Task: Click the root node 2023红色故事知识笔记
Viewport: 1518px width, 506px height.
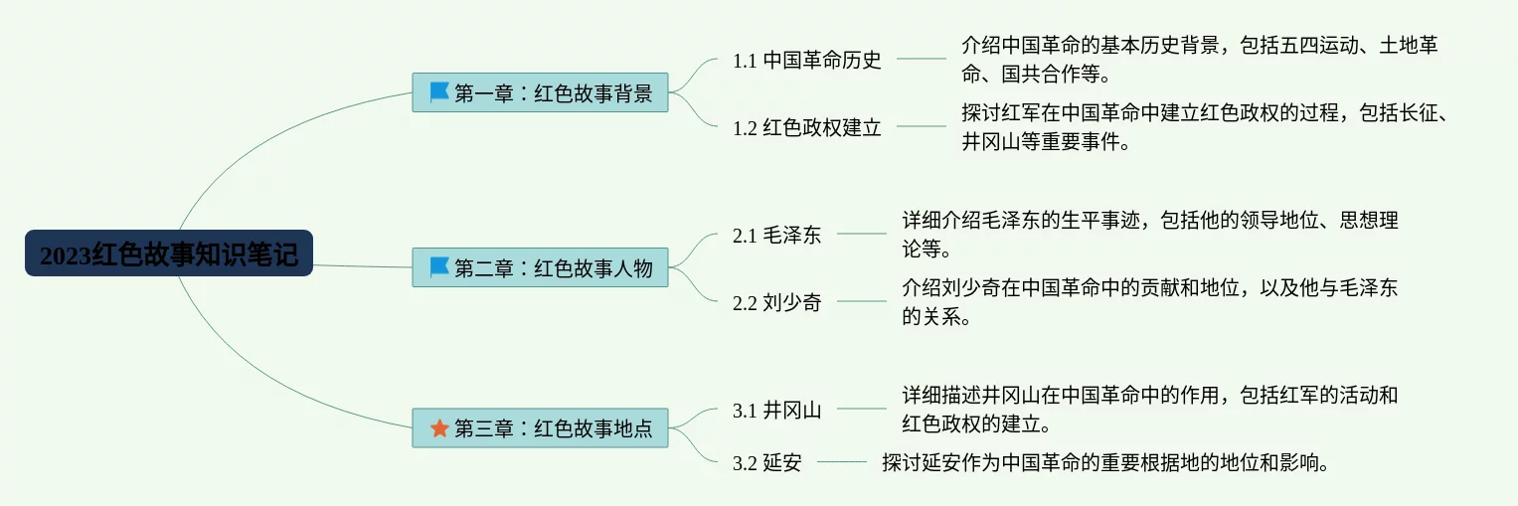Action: tap(168, 254)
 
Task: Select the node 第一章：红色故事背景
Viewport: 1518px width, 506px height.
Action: tap(540, 92)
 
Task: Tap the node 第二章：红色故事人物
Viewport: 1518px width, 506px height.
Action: tap(540, 267)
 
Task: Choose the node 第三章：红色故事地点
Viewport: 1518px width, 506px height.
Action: tap(540, 428)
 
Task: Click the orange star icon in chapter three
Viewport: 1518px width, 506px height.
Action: tap(439, 428)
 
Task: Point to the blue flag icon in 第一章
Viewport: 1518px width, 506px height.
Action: tap(439, 92)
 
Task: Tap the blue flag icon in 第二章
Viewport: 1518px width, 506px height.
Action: tap(439, 267)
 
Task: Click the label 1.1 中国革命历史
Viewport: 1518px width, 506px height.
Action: tap(807, 60)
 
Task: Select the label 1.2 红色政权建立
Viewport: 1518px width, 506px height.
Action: tap(807, 127)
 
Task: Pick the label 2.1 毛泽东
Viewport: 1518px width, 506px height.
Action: tap(777, 236)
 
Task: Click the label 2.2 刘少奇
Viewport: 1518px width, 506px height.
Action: tap(777, 303)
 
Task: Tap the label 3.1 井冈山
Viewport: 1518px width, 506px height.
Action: tap(777, 410)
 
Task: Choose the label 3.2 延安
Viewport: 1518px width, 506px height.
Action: tap(767, 462)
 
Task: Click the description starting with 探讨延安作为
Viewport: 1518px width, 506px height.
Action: tap(1105, 462)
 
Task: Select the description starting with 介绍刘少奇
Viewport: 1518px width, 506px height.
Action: tap(1149, 303)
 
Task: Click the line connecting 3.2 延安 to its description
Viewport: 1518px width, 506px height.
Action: tap(841, 462)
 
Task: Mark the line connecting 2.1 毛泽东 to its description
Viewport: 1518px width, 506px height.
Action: tap(861, 235)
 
